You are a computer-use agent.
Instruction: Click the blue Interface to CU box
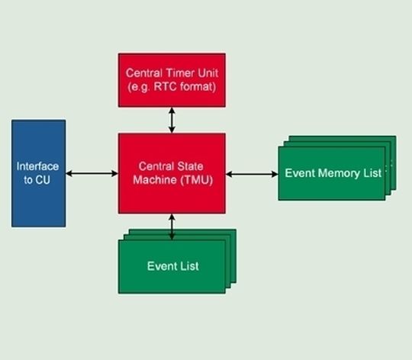tap(39, 173)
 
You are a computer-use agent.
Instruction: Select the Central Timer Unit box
tap(172, 80)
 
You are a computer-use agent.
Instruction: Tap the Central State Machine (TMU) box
tap(172, 173)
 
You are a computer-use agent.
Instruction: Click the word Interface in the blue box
tap(37, 166)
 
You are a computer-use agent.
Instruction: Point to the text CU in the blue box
tap(43, 180)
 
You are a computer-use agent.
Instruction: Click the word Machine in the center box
tap(155, 180)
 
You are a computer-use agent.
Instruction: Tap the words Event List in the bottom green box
tap(173, 266)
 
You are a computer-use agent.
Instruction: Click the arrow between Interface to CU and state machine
tap(92, 173)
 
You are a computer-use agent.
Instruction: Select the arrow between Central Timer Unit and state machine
tap(172, 120)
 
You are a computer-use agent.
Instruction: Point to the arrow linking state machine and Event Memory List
tap(252, 174)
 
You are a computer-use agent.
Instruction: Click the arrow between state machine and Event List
tap(172, 227)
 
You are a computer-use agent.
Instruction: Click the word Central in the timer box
tap(145, 73)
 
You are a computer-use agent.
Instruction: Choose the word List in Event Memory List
tap(372, 173)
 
